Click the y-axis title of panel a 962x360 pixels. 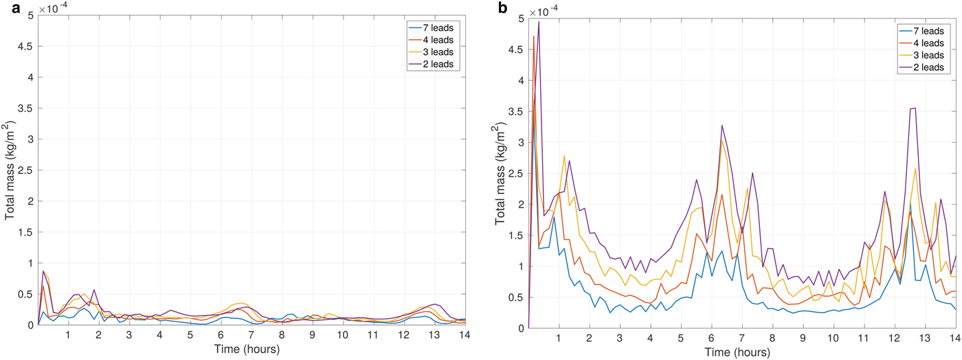pyautogui.click(x=11, y=169)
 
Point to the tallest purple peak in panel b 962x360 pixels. pyautogui.click(x=539, y=21)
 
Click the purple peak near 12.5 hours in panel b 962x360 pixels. pyautogui.click(x=913, y=108)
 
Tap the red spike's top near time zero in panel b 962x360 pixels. pyautogui.click(x=533, y=36)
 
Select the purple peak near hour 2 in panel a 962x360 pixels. pyautogui.click(x=93, y=290)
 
